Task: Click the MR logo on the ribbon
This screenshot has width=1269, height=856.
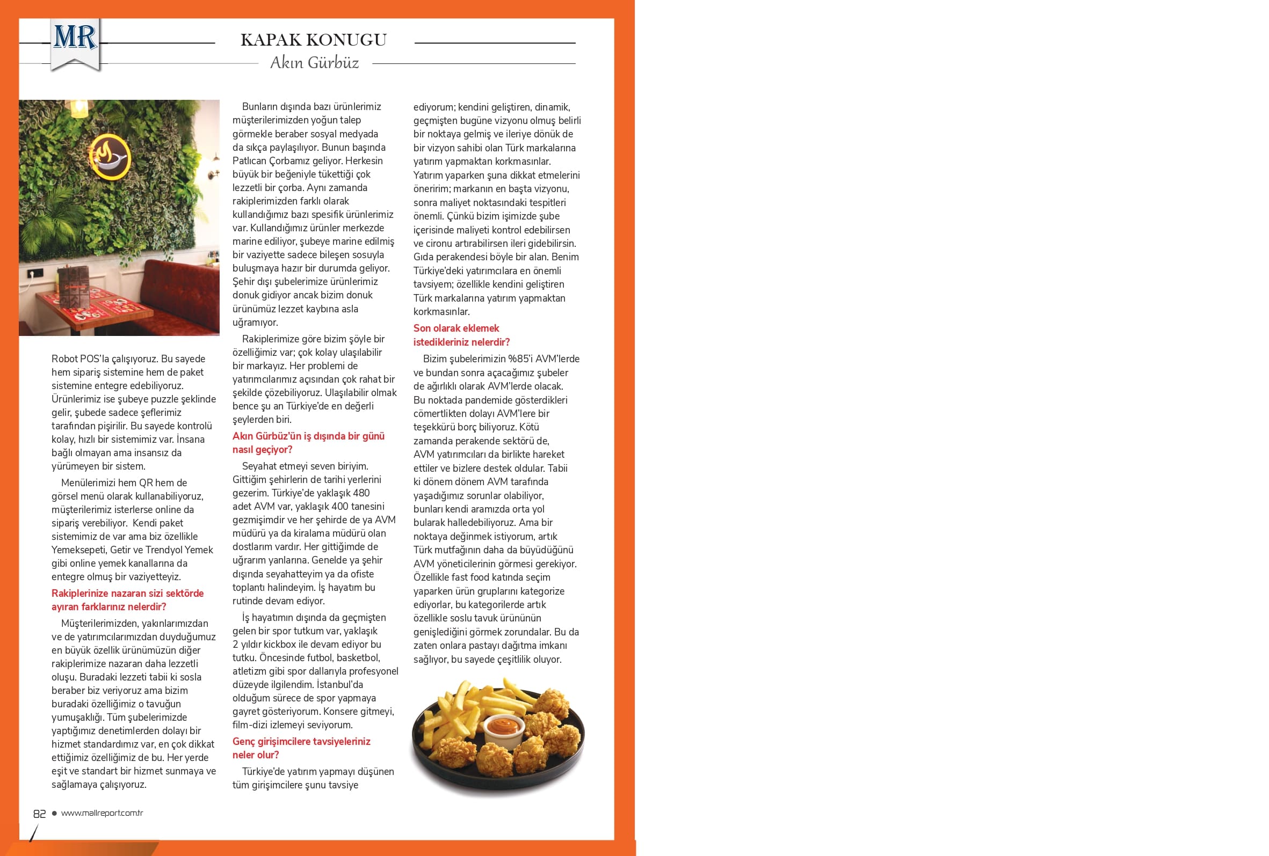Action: point(75,38)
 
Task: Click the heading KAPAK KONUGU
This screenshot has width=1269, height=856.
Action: point(314,40)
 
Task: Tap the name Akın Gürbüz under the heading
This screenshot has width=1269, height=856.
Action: point(315,63)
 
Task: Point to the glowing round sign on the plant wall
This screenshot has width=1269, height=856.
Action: point(110,157)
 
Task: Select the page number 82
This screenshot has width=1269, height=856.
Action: point(39,814)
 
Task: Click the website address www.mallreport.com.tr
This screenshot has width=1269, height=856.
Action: point(102,813)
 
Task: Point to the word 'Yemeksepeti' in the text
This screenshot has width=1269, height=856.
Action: point(78,550)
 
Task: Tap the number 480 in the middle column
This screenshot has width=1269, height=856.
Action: point(361,493)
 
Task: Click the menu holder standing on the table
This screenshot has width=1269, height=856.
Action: point(73,287)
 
